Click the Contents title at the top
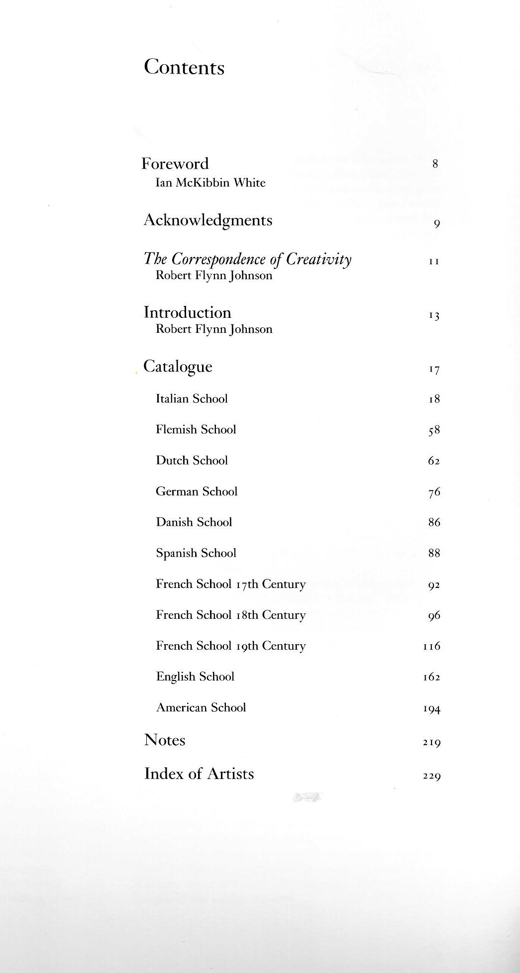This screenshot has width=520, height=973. click(184, 67)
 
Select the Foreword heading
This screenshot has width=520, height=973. click(175, 164)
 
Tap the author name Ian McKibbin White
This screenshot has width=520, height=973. click(210, 183)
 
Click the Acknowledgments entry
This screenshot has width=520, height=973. click(208, 220)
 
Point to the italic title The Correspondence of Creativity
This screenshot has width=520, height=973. click(248, 259)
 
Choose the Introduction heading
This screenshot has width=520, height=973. click(188, 312)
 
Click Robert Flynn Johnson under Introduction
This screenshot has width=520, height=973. click(214, 329)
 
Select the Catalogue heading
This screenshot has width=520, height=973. click(178, 367)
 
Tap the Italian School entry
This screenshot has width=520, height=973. click(192, 399)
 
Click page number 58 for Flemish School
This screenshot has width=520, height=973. click(434, 430)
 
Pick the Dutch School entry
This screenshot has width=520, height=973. click(192, 461)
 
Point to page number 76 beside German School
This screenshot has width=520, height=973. click(434, 492)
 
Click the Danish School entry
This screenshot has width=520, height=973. click(194, 522)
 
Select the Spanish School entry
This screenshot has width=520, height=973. click(196, 553)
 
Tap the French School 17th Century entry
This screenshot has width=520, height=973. click(230, 584)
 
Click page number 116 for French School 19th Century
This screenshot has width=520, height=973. click(432, 646)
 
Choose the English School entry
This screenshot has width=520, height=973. click(195, 677)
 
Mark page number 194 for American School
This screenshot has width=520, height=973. click(432, 709)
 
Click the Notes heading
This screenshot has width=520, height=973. click(165, 740)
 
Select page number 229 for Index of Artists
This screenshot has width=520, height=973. click(432, 776)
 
